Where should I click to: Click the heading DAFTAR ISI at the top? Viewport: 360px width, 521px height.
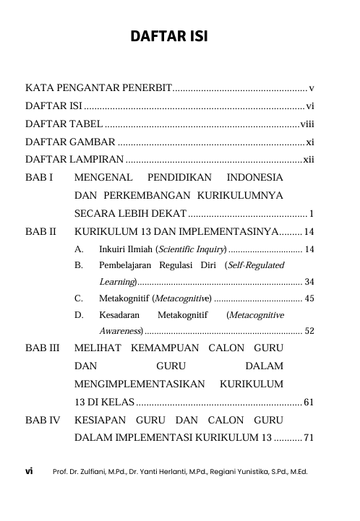pyautogui.click(x=169, y=37)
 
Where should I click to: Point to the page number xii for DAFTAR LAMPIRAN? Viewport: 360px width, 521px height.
pyautogui.click(x=309, y=159)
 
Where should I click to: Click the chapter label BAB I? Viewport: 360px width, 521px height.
pyautogui.click(x=39, y=177)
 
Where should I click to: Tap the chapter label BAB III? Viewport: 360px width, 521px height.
pyautogui.click(x=43, y=348)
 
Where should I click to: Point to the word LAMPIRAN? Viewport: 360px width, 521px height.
pyautogui.click(x=95, y=159)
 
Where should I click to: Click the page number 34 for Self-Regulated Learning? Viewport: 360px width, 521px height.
pyautogui.click(x=309, y=281)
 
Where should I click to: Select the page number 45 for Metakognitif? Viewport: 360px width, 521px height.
pyautogui.click(x=309, y=298)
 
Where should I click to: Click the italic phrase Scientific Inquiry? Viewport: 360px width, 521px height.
pyautogui.click(x=190, y=249)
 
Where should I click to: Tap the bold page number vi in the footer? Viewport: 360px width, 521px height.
pyautogui.click(x=30, y=471)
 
